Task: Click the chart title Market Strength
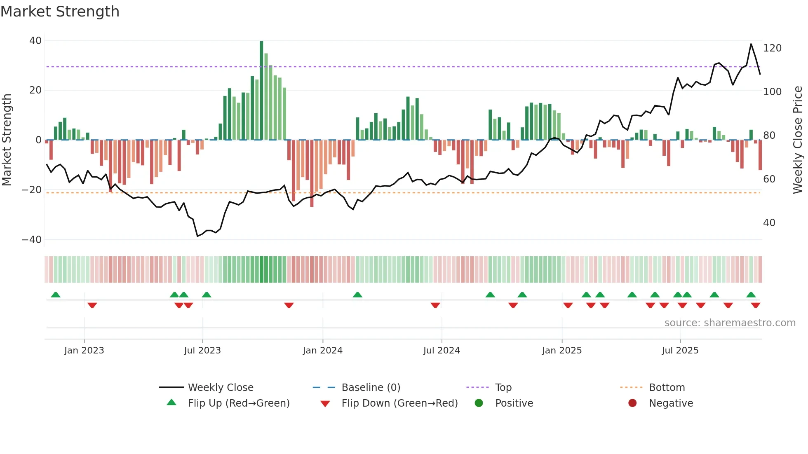point(60,12)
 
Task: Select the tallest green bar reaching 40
point(261,91)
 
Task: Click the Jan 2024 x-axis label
point(322,351)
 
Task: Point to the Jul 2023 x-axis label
point(202,351)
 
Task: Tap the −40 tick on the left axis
point(32,240)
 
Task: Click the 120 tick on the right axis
point(772,48)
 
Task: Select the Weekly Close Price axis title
point(798,140)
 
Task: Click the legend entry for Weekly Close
point(221,388)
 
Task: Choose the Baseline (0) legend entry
point(371,388)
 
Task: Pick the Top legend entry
point(503,388)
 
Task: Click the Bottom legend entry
point(667,388)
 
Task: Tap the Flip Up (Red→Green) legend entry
point(239,403)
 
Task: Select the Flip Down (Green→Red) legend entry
point(399,403)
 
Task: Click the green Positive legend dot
point(479,403)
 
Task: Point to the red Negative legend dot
point(632,403)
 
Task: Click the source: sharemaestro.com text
point(730,323)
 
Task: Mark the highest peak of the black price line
point(751,44)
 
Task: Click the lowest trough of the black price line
point(197,236)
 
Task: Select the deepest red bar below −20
point(312,173)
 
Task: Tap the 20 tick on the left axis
point(35,90)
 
